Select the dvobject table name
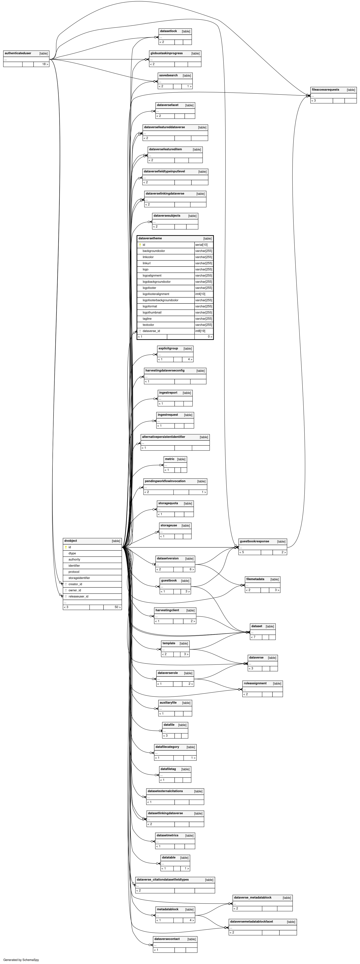click(x=71, y=541)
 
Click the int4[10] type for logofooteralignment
click(x=200, y=294)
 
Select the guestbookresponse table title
click(x=254, y=541)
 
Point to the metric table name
click(x=170, y=459)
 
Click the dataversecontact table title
click(x=167, y=939)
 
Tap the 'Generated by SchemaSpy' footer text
click(x=21, y=960)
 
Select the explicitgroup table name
click(x=168, y=348)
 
